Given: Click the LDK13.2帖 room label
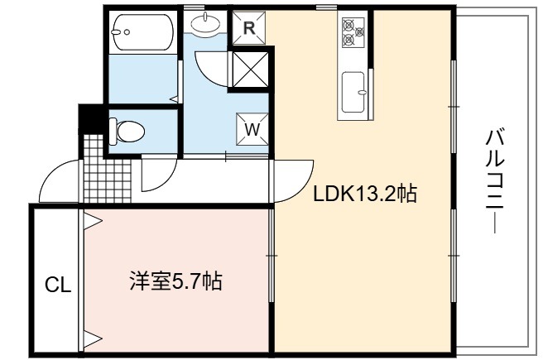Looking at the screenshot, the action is tap(365, 194).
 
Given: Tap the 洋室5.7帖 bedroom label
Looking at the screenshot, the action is tap(175, 281).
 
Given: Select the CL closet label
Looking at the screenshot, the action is tap(58, 286).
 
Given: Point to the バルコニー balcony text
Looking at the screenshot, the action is tap(495, 180).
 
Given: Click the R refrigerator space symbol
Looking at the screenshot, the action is tap(249, 28).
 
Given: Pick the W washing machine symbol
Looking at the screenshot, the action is tap(252, 129).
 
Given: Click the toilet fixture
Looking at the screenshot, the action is tap(127, 132).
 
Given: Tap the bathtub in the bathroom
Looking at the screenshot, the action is tap(142, 32).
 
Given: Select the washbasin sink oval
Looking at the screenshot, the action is tap(205, 24).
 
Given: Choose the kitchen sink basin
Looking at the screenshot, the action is tap(353, 92).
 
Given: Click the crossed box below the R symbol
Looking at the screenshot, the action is tap(250, 70).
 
